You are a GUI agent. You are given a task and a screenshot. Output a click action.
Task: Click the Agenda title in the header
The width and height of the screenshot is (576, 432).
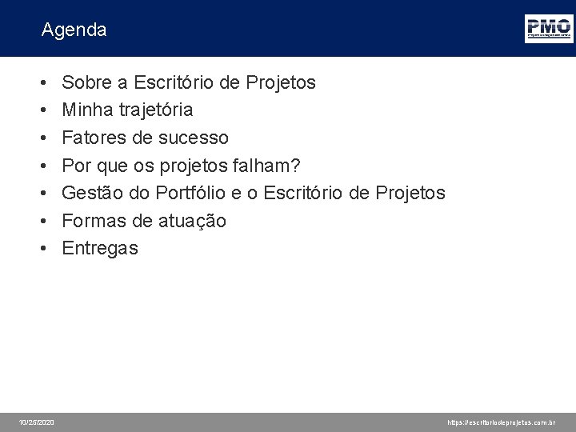pyautogui.click(x=74, y=30)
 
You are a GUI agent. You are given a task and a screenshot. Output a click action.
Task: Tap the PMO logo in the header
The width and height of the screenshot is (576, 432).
pyautogui.click(x=548, y=28)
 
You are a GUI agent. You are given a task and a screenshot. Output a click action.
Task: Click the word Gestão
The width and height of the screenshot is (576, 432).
pyautogui.click(x=90, y=193)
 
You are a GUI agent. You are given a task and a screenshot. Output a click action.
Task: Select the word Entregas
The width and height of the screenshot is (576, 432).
pyautogui.click(x=100, y=248)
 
